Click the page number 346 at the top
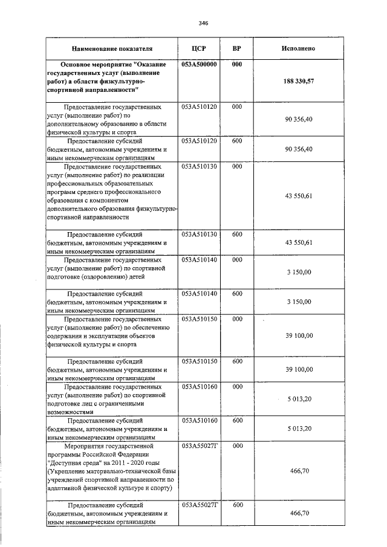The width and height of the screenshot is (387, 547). pyautogui.click(x=203, y=23)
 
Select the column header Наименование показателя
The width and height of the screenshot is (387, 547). pyautogui.click(x=112, y=48)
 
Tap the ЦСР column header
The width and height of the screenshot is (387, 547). pyautogui.click(x=199, y=48)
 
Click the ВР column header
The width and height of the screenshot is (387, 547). pyautogui.click(x=237, y=48)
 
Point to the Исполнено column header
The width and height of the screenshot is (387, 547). pyautogui.click(x=299, y=48)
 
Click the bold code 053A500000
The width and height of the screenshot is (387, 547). pyautogui.click(x=199, y=65)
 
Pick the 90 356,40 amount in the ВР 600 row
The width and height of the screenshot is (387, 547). pyautogui.click(x=299, y=149)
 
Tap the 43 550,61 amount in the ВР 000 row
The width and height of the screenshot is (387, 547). pyautogui.click(x=299, y=196)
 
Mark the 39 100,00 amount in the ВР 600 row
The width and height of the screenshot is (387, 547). pyautogui.click(x=299, y=369)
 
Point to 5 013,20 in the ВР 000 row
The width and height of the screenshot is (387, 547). pyautogui.click(x=299, y=399)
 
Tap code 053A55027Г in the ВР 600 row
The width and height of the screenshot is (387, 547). pyautogui.click(x=199, y=504)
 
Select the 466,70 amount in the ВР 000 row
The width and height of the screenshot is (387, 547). pyautogui.click(x=299, y=470)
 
